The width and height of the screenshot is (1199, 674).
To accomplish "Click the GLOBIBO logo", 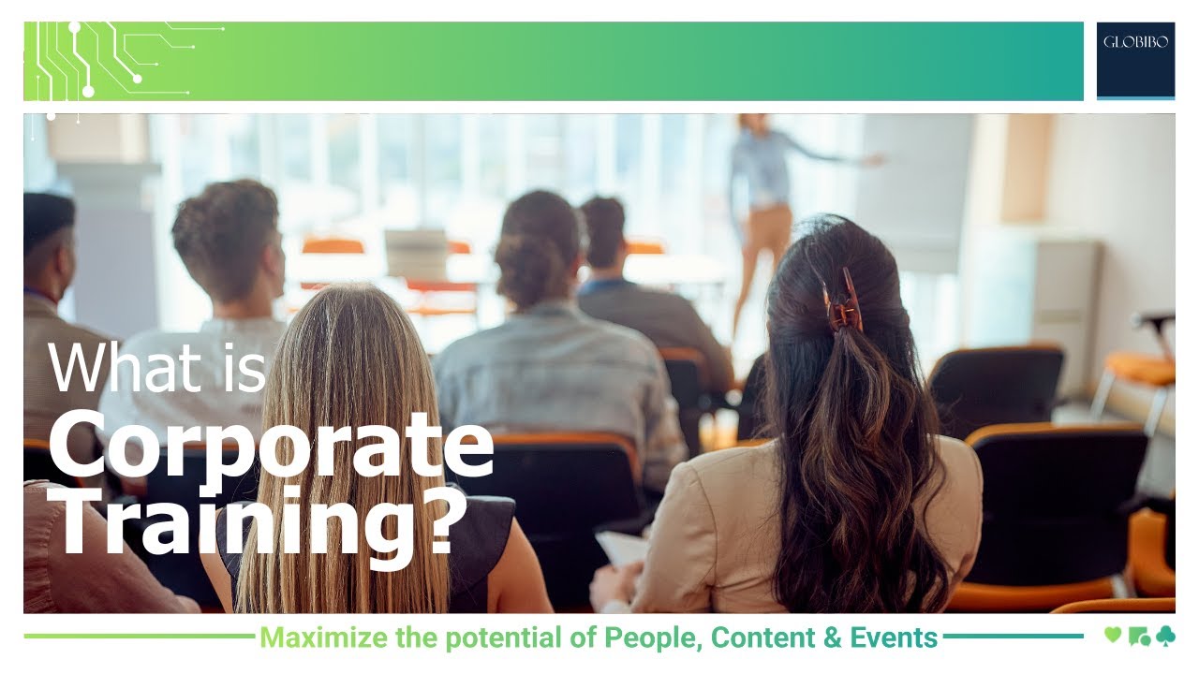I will (1135, 43).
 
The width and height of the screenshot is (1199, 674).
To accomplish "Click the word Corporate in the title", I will (271, 447).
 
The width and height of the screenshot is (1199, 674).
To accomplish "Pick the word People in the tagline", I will (652, 638).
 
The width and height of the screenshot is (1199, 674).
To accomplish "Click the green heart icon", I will (1112, 636).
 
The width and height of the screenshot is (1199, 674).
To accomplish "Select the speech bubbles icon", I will (1139, 637).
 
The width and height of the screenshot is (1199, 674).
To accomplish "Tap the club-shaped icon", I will (1164, 637).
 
